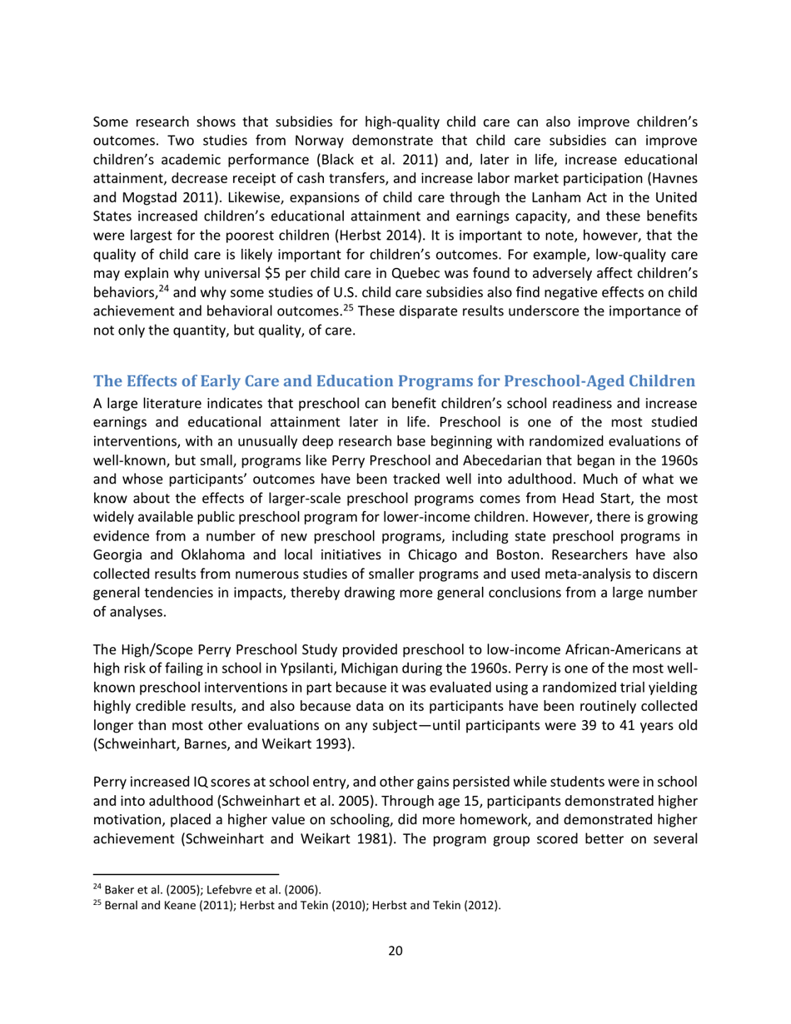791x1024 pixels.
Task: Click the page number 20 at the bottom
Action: (x=395, y=952)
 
